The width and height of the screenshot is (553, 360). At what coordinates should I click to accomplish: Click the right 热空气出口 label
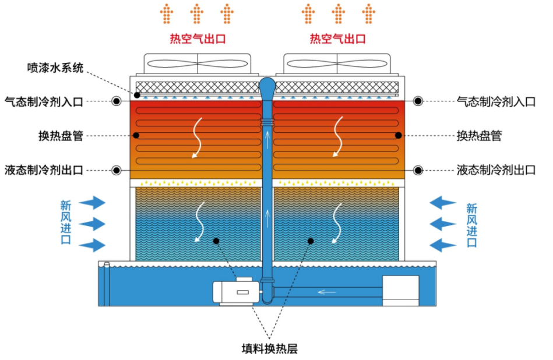tap(337, 39)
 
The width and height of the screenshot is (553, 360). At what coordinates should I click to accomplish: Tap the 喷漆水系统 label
tap(55, 68)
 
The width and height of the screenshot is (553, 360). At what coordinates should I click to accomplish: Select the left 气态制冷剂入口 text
tap(44, 101)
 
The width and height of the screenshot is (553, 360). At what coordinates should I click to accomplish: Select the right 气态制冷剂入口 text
tap(496, 101)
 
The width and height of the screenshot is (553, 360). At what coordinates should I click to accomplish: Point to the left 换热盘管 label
tap(60, 136)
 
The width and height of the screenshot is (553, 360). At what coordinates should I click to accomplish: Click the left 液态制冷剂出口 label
tap(44, 170)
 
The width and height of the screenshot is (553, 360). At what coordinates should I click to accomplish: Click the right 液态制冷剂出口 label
tap(496, 170)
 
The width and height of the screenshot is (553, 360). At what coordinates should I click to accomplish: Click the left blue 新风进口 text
tap(65, 223)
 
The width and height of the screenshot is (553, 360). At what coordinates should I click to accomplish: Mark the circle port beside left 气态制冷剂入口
tap(117, 101)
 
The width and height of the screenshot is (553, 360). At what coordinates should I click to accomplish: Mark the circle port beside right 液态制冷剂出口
tap(418, 170)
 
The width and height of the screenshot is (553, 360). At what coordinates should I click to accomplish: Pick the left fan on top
tap(198, 65)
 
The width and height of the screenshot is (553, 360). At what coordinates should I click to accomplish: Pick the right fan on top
tap(337, 65)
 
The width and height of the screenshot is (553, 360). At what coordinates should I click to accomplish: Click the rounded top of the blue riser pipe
tap(267, 85)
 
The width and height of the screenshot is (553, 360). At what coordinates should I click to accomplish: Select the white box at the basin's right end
tap(400, 290)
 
